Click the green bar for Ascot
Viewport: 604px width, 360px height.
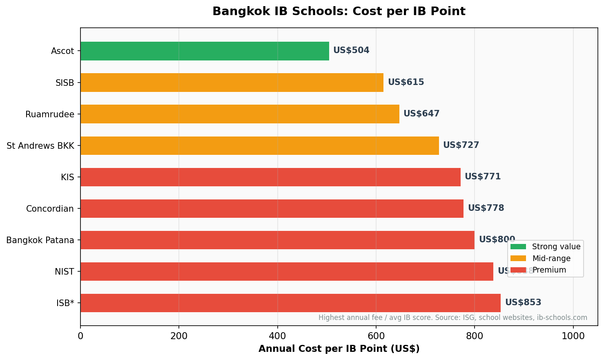tap(205, 51)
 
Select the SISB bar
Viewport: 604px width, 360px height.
tap(232, 83)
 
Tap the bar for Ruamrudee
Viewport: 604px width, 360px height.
tap(240, 114)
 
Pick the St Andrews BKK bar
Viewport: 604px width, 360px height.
tap(259, 145)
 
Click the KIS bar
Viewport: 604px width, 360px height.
tap(270, 177)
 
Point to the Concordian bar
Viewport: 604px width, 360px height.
tap(272, 208)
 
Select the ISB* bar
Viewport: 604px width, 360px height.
tap(290, 303)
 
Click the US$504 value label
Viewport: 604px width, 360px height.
tap(351, 51)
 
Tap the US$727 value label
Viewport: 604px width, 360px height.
tap(461, 145)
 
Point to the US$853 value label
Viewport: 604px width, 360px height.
tap(523, 302)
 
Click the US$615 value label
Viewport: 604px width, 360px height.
tap(406, 82)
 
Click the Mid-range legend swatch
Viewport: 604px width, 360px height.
tap(518, 258)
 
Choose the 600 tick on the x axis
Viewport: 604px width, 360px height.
tap(376, 336)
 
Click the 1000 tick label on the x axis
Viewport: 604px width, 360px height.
tap(573, 336)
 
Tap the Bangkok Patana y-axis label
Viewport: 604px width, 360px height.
tap(40, 240)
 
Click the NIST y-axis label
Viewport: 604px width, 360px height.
tap(64, 272)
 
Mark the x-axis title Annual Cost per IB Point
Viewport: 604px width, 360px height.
tap(339, 349)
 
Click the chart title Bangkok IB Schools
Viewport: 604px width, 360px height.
tap(339, 11)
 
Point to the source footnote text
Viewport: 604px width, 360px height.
tap(452, 318)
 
